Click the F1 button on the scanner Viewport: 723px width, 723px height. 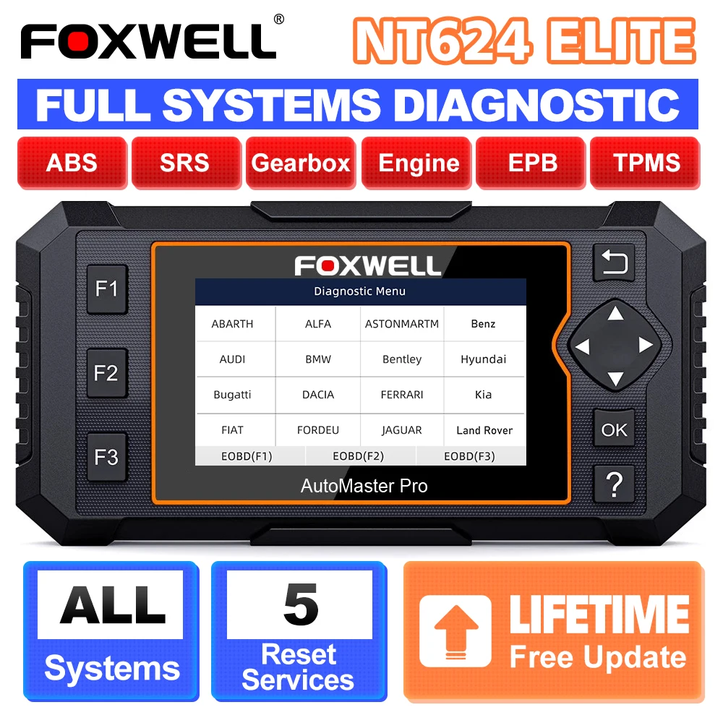pos(107,288)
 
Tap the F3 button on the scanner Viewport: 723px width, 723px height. pos(107,457)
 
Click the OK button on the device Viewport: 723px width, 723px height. pos(614,429)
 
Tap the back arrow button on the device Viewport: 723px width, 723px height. pos(614,262)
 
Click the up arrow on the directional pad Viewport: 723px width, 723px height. pos(615,314)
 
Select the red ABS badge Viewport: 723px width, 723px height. pos(72,163)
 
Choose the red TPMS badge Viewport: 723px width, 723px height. pos(646,163)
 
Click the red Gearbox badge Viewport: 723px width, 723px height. pos(300,163)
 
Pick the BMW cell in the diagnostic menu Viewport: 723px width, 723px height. pos(318,359)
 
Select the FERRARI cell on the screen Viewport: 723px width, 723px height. pos(402,395)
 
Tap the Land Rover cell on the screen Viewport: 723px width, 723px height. pos(484,430)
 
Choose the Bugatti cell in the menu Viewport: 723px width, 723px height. pos(233,395)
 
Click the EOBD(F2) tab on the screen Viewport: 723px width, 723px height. pos(358,456)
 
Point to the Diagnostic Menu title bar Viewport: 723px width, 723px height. pos(359,291)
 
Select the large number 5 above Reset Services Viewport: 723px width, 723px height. pos(300,604)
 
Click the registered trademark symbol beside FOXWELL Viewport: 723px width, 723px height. pos(279,20)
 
